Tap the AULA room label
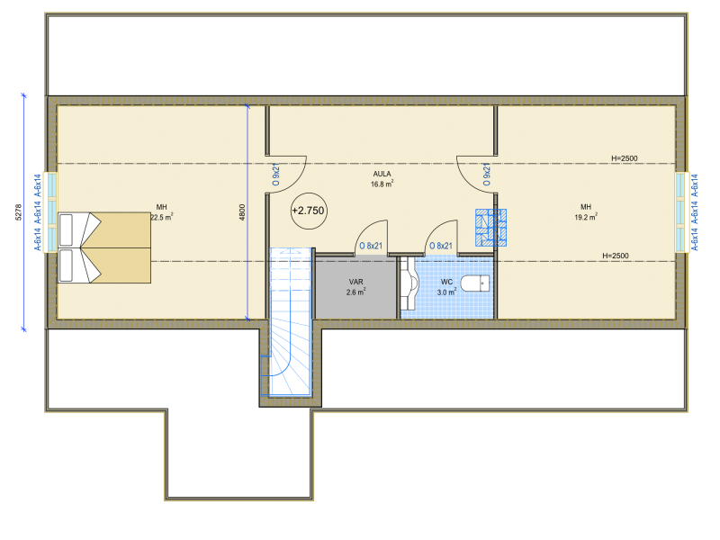pos(382,174)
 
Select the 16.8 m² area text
pos(382,184)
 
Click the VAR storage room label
pos(355,282)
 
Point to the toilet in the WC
pos(475,283)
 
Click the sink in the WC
pos(409,283)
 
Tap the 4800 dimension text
pos(242,212)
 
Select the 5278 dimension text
pos(18,212)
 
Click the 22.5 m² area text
pos(162,217)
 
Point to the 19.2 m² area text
pos(586,217)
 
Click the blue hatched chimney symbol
pos(490,228)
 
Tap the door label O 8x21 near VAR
pos(371,246)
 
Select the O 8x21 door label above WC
pos(441,246)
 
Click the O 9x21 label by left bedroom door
pos(276,175)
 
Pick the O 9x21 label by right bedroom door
pos(487,175)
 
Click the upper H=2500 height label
pos(624,158)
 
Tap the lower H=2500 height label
pos(616,256)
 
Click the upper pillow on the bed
pos(66,230)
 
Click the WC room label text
pos(446,282)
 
